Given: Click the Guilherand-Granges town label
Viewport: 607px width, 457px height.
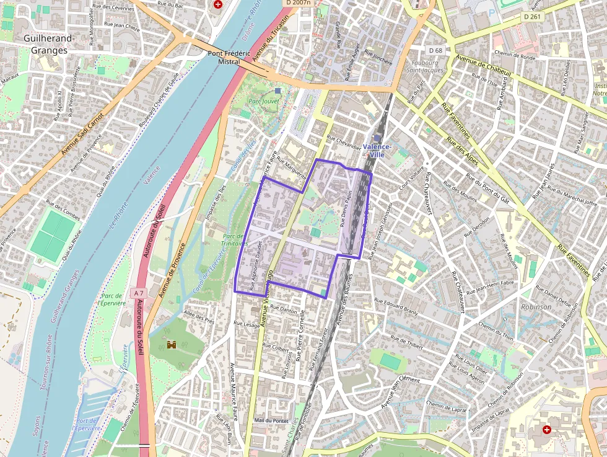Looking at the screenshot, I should (x=49, y=44).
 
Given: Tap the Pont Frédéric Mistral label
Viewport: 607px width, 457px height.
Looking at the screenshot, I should (x=224, y=58).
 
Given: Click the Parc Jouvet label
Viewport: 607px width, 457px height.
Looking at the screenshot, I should (x=264, y=100).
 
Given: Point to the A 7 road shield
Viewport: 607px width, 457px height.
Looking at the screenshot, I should (x=138, y=292).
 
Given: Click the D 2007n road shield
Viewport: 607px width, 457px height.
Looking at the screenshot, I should (x=297, y=3).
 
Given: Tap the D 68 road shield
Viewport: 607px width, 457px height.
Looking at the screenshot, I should (x=435, y=50).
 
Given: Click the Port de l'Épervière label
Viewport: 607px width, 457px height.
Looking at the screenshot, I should (x=87, y=424).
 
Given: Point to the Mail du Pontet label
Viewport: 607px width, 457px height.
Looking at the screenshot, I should (x=271, y=420).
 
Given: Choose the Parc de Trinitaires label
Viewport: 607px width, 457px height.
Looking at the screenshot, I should (x=234, y=239).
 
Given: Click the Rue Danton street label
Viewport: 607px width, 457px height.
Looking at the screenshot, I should (x=284, y=310).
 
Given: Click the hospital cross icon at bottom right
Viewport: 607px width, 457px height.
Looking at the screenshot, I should (x=546, y=429).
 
